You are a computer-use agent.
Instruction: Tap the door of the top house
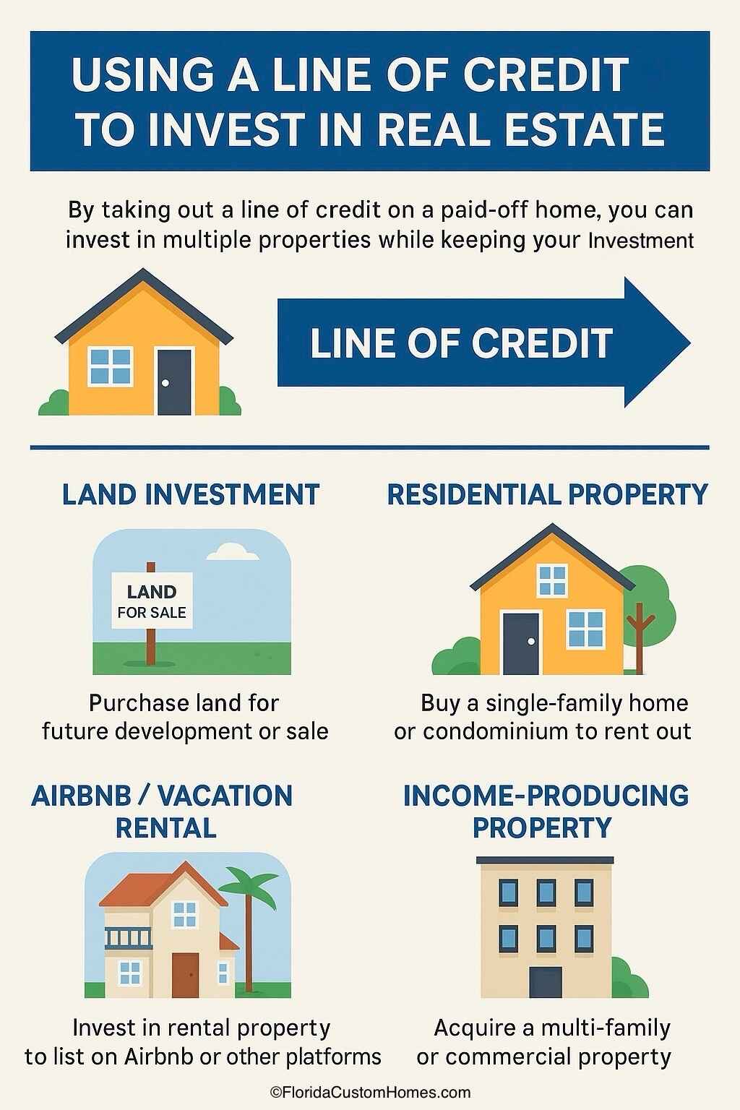175,382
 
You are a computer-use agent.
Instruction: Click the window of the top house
111,366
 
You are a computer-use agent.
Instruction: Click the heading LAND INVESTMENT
191,495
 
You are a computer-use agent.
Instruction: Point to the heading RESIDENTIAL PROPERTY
547,495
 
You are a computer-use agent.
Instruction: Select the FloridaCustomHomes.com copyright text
370,1093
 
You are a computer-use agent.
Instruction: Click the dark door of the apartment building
545,981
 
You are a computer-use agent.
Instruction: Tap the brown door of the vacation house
185,975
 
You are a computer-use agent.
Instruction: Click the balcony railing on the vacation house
129,938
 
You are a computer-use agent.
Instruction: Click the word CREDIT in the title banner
546,75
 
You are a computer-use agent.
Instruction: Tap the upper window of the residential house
553,580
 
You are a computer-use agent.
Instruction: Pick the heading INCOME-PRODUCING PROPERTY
546,811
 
